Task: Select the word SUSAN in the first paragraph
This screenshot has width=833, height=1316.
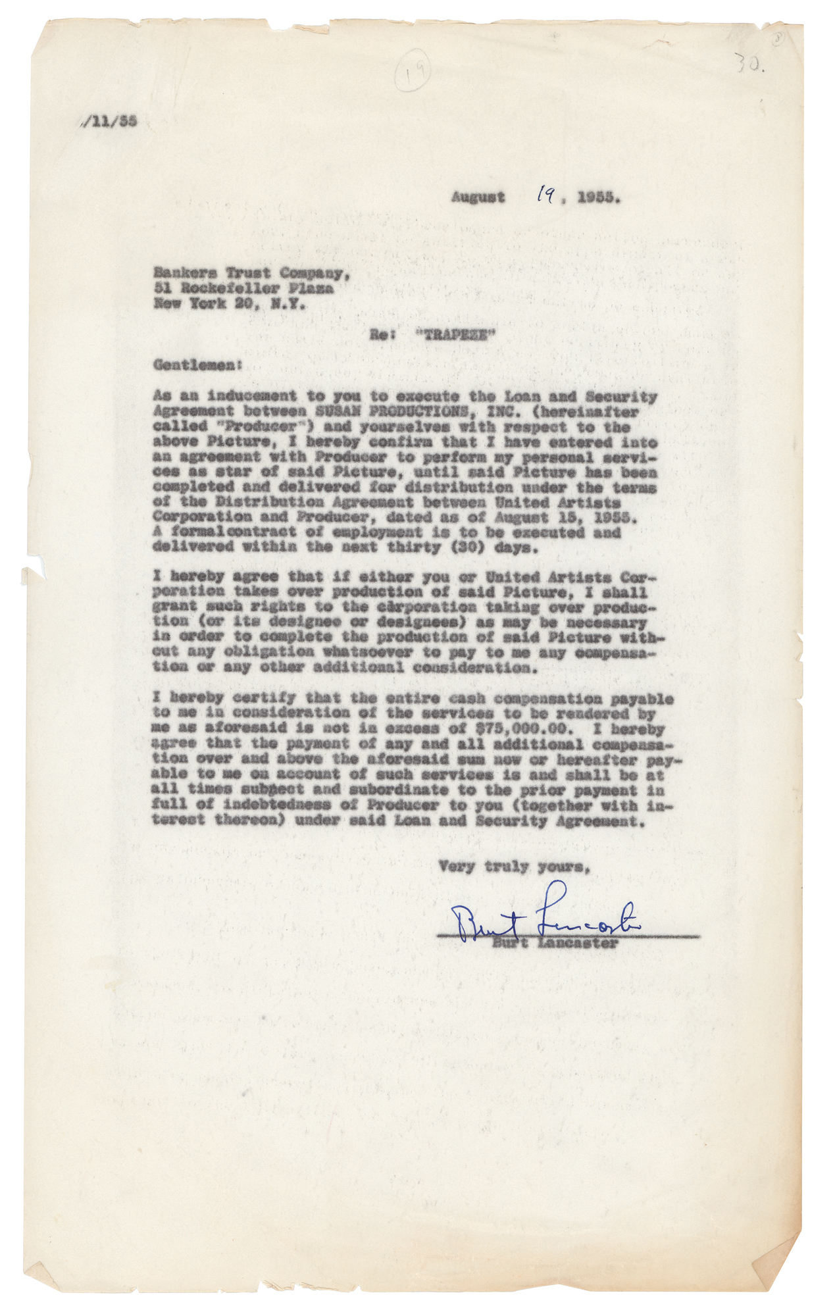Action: [x=338, y=412]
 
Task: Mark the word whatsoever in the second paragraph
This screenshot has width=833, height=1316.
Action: [x=368, y=652]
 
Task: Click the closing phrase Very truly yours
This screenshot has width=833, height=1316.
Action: [x=513, y=867]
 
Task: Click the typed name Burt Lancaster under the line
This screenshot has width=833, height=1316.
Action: [x=556, y=943]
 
